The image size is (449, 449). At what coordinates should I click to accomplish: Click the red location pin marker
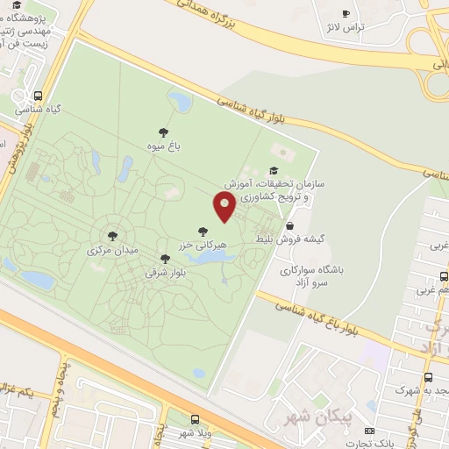[x=224, y=207]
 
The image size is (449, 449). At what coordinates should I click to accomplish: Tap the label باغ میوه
[x=163, y=147]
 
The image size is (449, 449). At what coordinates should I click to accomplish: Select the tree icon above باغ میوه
[x=163, y=132]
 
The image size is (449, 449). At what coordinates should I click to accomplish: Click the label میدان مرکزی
[x=112, y=250]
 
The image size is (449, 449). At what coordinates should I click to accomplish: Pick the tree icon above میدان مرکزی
[x=112, y=235]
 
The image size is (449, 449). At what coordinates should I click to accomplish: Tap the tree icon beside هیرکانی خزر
[x=203, y=232]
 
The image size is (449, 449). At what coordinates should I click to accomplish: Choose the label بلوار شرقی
[x=167, y=273]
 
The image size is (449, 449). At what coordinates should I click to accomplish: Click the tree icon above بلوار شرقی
[x=166, y=259]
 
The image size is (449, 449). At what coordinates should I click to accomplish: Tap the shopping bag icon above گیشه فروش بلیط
[x=289, y=225]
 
